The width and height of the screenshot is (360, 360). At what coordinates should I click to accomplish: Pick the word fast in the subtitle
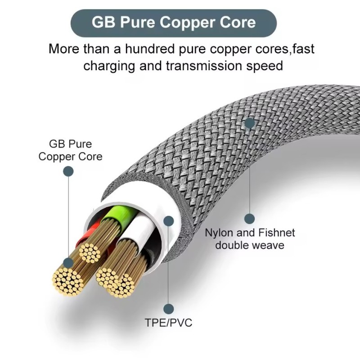pos(301,49)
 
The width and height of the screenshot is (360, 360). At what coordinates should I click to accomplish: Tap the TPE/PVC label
pos(169,323)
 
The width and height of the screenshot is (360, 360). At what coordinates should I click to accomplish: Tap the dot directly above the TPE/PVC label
pos(169,308)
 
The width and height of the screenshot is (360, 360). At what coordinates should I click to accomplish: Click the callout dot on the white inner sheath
pos(169,221)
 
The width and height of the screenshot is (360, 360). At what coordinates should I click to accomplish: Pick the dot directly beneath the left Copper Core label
pos(68,171)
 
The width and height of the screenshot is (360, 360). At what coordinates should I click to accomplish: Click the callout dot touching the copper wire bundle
pos(68,262)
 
